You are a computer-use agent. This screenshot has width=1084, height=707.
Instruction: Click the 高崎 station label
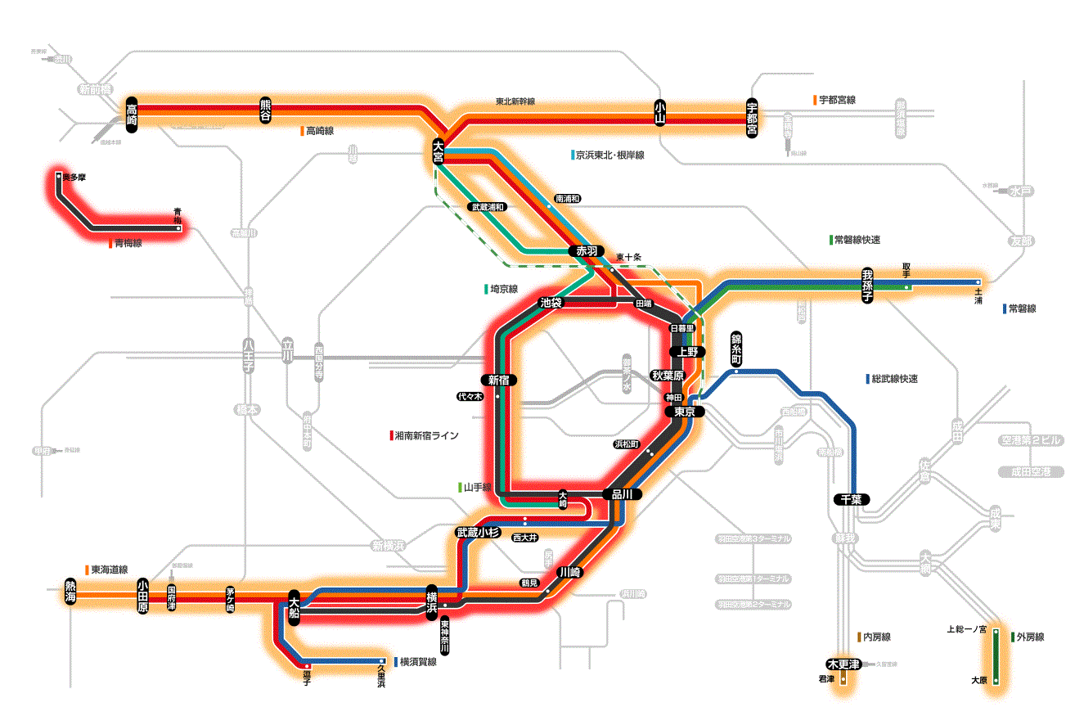133,115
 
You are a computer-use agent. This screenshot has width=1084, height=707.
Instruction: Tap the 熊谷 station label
265,110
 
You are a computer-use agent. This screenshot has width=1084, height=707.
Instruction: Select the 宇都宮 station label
752,119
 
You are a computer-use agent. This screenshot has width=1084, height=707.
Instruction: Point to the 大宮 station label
439,151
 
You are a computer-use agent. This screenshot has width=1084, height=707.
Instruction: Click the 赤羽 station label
587,251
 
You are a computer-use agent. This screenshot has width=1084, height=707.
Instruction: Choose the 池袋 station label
551,303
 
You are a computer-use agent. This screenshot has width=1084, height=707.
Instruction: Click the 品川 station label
622,494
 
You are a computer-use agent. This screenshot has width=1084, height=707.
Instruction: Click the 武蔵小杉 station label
478,533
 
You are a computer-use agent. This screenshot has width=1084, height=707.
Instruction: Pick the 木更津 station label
843,664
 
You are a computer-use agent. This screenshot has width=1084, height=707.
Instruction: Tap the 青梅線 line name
128,243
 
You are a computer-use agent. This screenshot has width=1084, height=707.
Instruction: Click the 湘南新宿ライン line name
426,436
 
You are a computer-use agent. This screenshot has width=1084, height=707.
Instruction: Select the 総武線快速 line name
895,379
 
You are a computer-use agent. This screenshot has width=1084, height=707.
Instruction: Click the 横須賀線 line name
418,662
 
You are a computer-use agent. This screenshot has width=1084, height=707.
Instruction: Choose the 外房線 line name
1030,637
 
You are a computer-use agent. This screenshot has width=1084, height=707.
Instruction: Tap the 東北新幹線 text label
515,102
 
